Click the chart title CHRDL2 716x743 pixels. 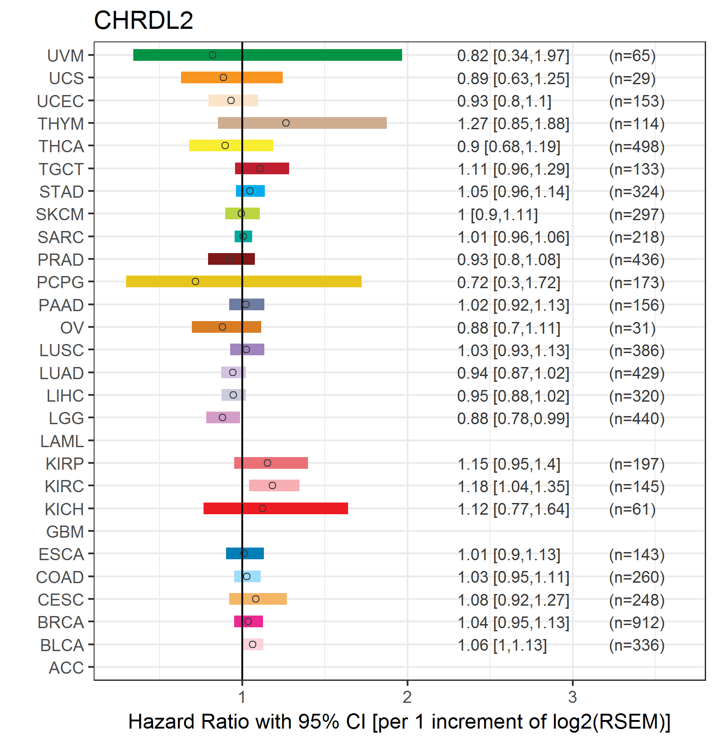coord(143,20)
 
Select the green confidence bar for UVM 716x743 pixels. coord(267,55)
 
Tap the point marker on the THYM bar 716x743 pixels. coord(286,123)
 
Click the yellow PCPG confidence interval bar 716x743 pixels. coord(244,281)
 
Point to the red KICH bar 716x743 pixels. coord(276,508)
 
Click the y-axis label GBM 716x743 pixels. coord(65,532)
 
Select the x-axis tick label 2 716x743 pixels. coord(407,697)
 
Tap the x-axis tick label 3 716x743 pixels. coord(572,697)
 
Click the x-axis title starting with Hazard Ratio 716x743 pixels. coord(399,721)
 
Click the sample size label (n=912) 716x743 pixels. coord(636,623)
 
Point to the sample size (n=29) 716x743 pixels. coord(632,79)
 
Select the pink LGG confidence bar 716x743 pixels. coord(223,417)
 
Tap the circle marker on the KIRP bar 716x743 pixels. coord(267,463)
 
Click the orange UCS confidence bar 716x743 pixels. coord(232,77)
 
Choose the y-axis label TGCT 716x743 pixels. coord(61,169)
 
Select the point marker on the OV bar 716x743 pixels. coord(222,327)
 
